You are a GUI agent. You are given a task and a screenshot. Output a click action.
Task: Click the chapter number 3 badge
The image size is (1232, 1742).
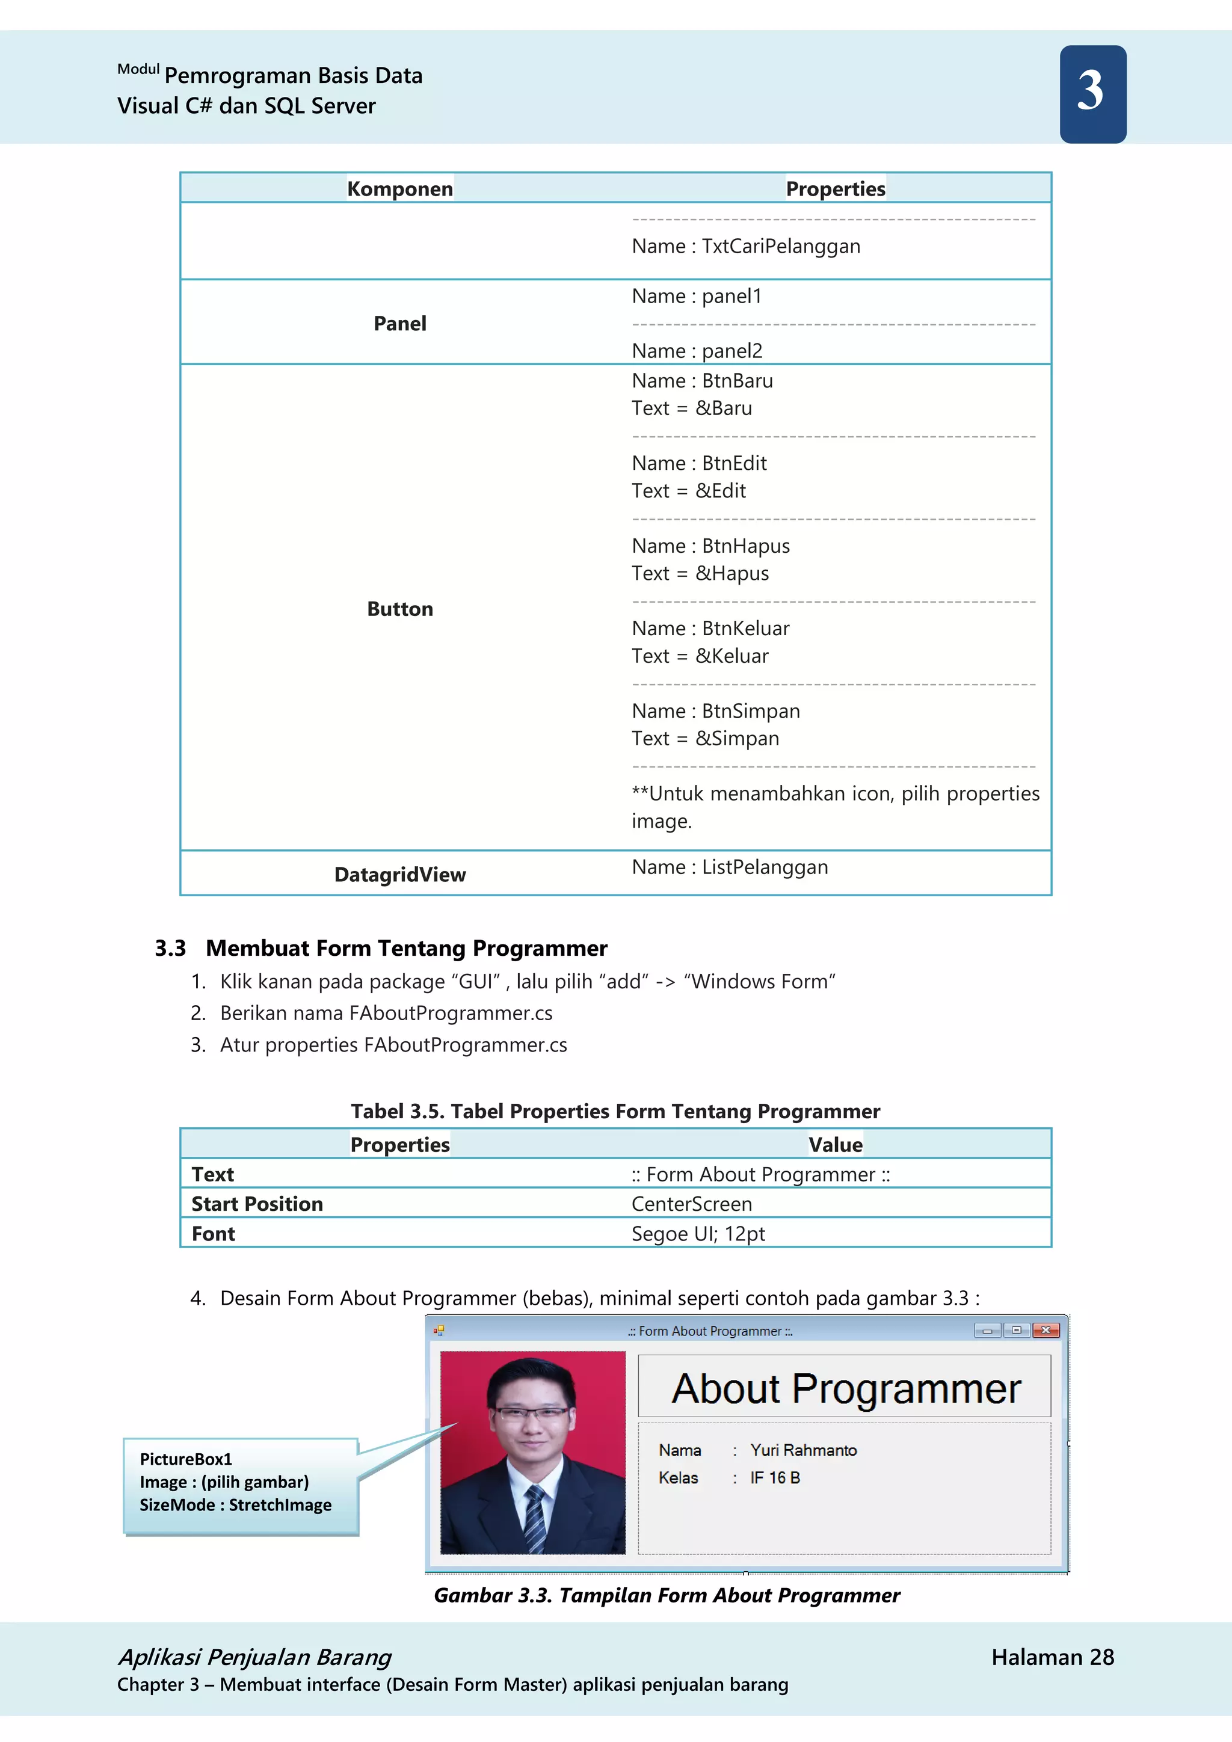[x=1092, y=93]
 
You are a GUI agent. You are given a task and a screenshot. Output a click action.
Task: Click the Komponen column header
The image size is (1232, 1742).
[x=400, y=188]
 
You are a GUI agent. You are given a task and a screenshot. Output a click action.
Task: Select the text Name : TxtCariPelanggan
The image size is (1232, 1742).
[x=746, y=246]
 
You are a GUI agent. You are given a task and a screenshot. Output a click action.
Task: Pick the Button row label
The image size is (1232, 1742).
[x=400, y=609]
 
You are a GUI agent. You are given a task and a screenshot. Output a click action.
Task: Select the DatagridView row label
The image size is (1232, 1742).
[x=400, y=874]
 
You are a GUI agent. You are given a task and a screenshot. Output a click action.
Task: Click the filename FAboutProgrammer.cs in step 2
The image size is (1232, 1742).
[x=451, y=1013]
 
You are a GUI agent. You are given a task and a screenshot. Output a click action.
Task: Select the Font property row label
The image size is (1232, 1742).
[x=213, y=1233]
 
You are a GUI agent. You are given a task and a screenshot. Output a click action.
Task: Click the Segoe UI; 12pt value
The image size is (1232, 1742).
[x=698, y=1233]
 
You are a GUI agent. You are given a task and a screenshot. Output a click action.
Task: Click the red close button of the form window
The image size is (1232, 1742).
[x=1046, y=1330]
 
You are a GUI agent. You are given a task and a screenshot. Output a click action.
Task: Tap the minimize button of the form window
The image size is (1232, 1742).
[x=987, y=1330]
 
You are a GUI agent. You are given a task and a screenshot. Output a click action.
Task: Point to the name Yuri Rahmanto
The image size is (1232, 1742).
[x=802, y=1450]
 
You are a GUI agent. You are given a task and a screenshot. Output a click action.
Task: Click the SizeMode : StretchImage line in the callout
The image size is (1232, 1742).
[x=235, y=1504]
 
